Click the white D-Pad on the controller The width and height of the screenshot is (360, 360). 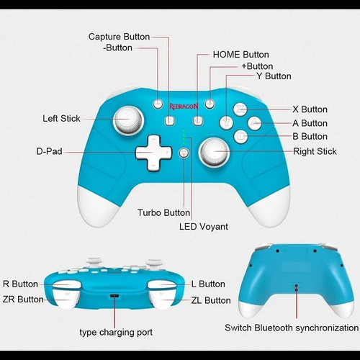153,153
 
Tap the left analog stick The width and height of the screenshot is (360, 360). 128,120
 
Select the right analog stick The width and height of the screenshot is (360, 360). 214,152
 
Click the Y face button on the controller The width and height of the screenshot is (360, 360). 226,122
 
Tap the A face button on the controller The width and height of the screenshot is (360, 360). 254,123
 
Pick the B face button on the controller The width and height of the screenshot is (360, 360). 240,137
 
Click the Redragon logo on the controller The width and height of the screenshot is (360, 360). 184,107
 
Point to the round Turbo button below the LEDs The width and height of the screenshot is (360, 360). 184,153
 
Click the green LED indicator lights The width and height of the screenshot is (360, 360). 184,137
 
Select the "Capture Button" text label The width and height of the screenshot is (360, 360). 119,37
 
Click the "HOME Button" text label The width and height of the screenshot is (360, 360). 240,55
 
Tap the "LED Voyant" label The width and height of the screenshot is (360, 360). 204,227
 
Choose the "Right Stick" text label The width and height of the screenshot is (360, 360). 315,151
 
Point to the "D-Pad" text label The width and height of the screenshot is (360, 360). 49,151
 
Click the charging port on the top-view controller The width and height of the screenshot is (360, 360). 114,296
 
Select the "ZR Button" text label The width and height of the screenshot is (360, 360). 23,300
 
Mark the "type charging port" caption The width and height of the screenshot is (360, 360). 116,333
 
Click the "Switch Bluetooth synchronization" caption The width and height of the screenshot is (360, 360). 292,328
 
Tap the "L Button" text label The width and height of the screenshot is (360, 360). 208,284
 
